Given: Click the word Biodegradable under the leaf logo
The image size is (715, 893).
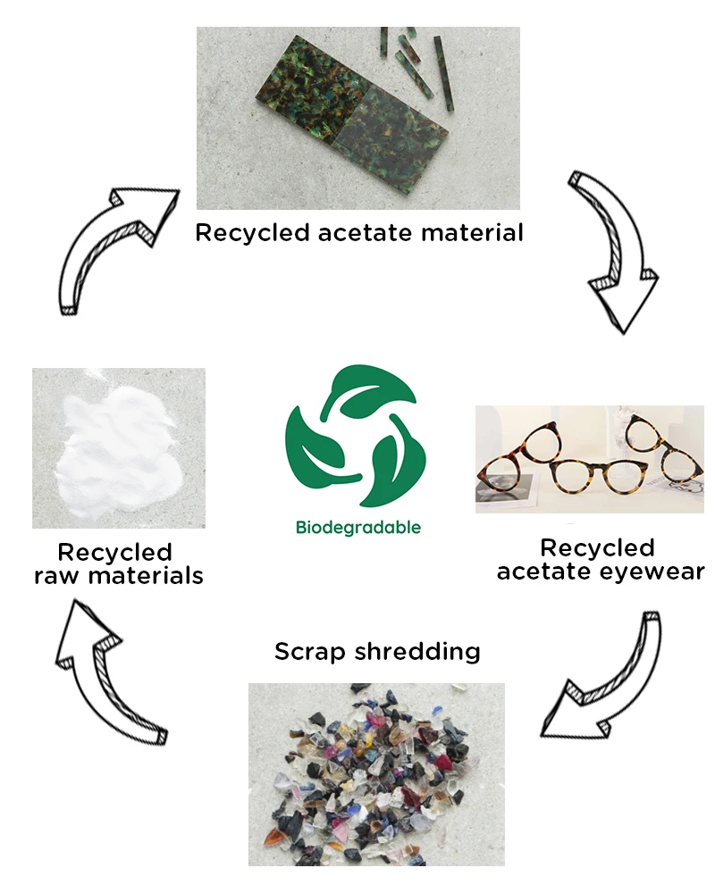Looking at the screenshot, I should point(357,527).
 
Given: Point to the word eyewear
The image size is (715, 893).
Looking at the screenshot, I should point(652,572).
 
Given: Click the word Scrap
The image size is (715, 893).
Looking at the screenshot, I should point(311,651).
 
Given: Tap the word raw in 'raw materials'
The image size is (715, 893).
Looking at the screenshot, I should point(56,576).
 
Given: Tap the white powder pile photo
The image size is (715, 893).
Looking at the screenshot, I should point(119,448).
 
